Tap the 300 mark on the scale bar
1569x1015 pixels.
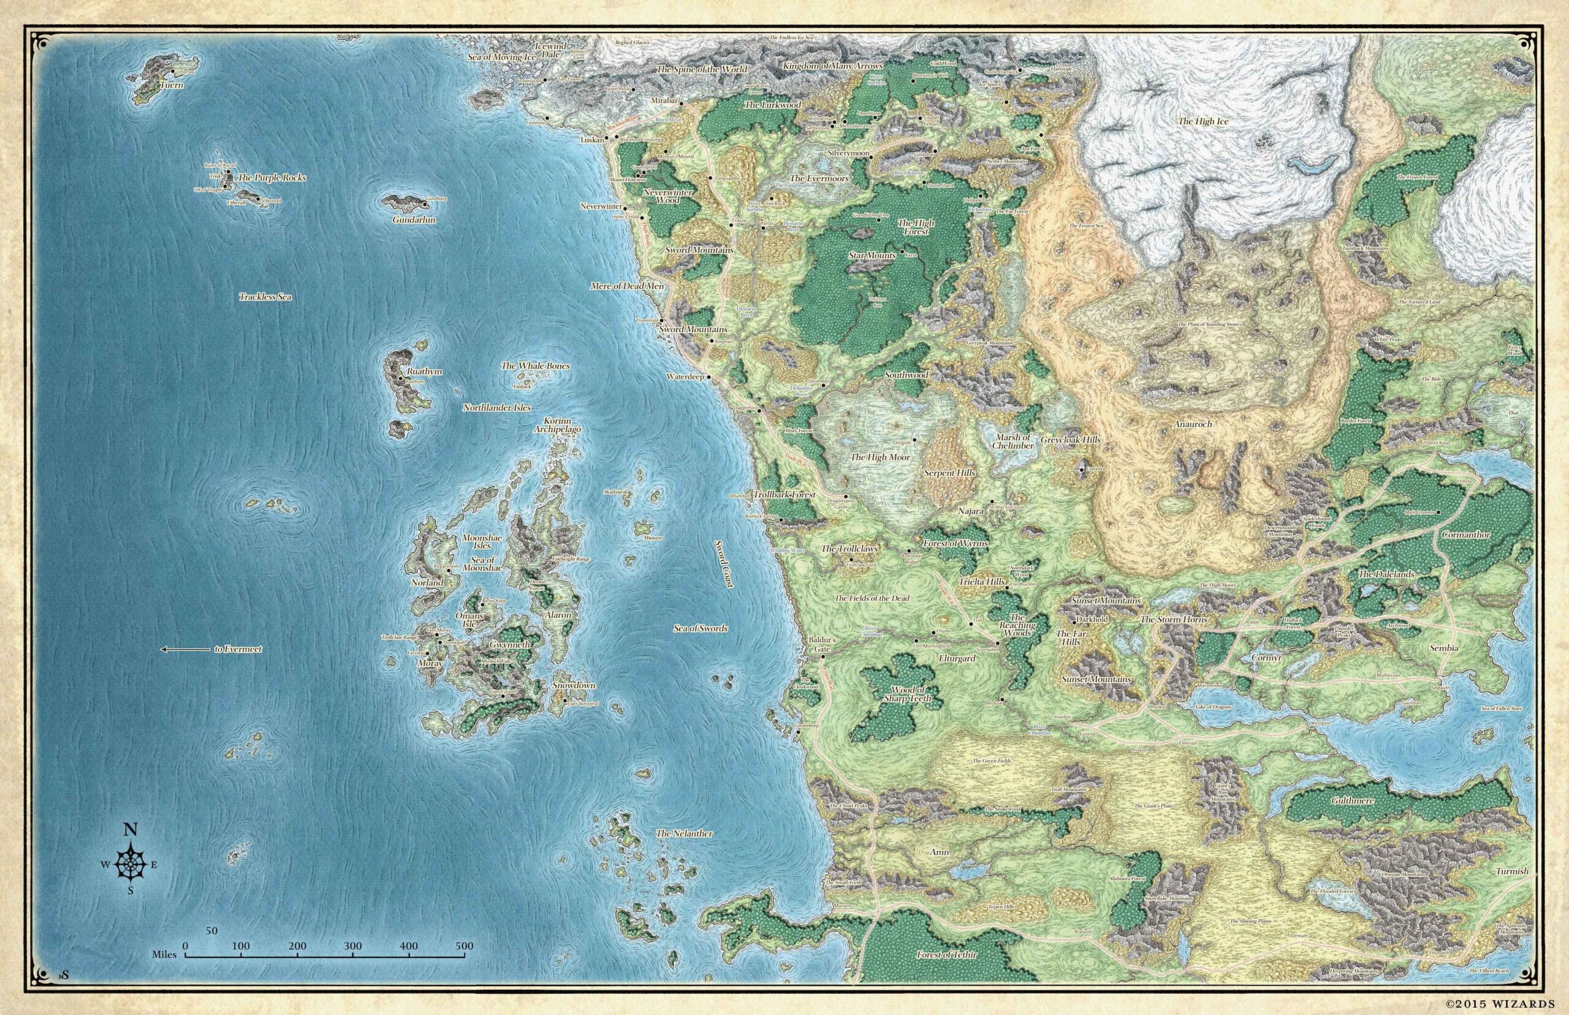353,946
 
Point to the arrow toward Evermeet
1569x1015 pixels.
184,649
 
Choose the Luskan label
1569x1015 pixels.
592,140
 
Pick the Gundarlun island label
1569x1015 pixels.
413,220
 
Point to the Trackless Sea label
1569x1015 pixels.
265,297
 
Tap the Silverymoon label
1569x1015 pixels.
849,151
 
